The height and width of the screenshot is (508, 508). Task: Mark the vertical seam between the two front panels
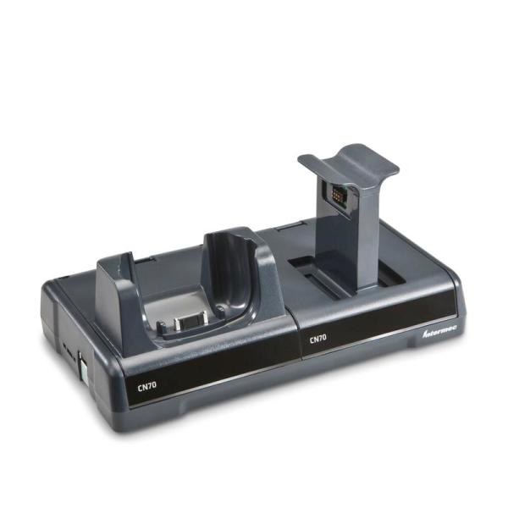coord(295,347)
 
